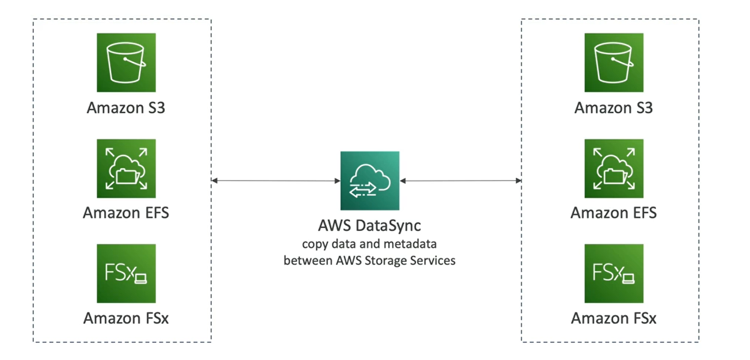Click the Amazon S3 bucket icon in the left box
coord(126,62)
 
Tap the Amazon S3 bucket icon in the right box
coord(614,62)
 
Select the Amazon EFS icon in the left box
coord(126,168)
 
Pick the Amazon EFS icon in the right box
coord(614,168)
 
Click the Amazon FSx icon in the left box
coord(126,273)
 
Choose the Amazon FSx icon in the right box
coord(614,273)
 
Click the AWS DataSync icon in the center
coord(370,180)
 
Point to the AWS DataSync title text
coord(370,226)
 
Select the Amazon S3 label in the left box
coord(126,107)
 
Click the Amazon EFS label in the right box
coord(614,213)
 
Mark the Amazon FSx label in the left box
coord(126,318)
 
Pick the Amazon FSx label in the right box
coord(614,318)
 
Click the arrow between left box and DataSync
coord(276,181)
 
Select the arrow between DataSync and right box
coord(460,181)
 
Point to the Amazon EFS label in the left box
coord(126,213)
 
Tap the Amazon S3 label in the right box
coord(614,107)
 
